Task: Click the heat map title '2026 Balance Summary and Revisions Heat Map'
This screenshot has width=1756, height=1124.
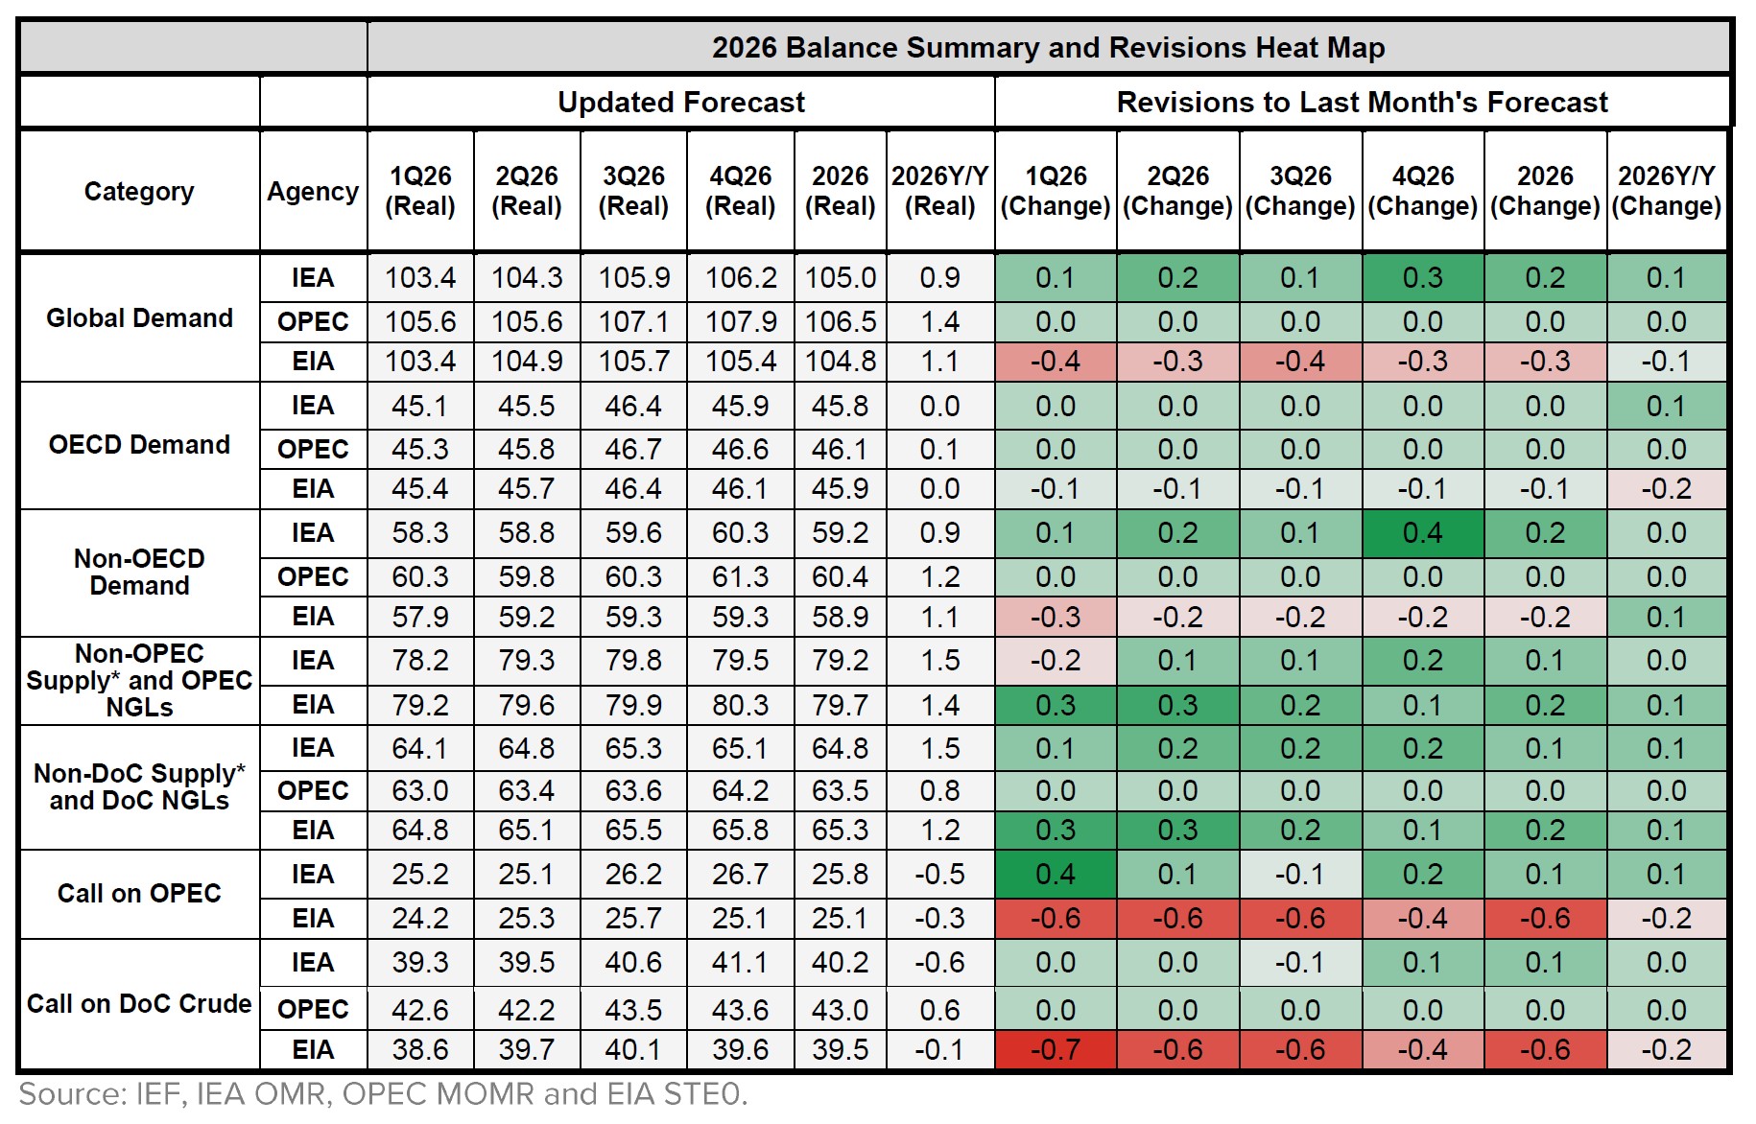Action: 1048,47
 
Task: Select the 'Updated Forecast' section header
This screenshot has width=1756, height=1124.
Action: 680,102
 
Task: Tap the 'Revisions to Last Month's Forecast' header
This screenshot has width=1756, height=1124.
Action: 1362,102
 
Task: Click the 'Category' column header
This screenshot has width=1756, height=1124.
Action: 139,191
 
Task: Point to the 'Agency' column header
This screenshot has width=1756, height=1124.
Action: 313,191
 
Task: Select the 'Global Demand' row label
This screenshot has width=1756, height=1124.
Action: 139,317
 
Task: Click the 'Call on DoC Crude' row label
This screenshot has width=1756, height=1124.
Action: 139,1003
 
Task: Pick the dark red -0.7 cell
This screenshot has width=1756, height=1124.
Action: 1055,1049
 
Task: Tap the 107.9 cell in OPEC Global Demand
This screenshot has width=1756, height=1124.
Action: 740,321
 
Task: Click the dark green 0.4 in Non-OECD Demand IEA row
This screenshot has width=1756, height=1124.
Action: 1422,533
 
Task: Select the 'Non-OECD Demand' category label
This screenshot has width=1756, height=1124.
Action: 139,572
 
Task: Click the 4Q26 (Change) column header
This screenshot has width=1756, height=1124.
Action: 1422,191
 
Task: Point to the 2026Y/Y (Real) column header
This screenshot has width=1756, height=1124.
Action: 939,191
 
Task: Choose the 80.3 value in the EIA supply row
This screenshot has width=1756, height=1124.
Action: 740,705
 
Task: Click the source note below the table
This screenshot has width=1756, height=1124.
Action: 383,1094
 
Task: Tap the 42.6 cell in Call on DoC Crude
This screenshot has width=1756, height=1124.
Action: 420,1010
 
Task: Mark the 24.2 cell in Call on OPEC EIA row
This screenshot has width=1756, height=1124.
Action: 420,918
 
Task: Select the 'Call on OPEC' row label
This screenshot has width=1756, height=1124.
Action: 139,893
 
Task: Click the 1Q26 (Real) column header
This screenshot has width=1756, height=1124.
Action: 420,191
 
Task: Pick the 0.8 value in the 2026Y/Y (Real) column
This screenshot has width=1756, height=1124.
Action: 939,790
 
